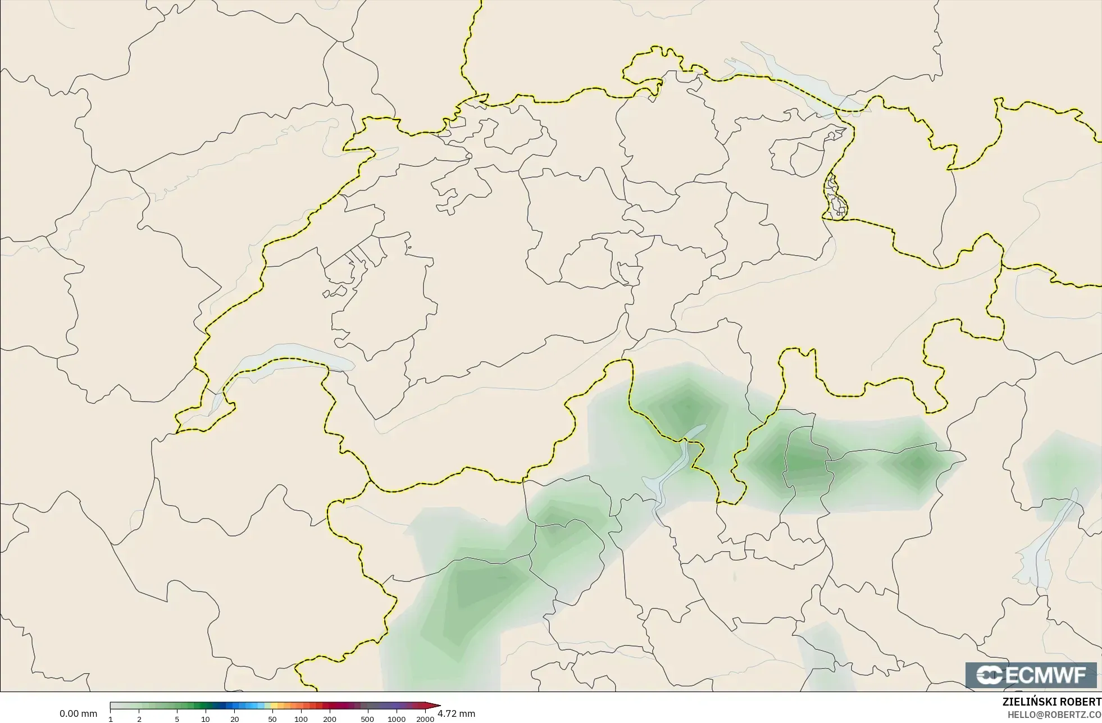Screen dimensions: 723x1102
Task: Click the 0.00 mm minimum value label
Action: (x=78, y=713)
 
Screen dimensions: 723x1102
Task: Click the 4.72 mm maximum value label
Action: (x=456, y=713)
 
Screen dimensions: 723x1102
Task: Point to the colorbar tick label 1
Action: (x=111, y=719)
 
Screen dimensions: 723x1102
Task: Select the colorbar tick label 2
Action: (x=139, y=719)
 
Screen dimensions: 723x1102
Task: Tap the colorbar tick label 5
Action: (x=177, y=719)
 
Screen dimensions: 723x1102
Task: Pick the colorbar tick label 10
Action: (x=206, y=719)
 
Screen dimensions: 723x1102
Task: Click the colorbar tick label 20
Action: (x=234, y=719)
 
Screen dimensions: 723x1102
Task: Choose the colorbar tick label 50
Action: (x=272, y=719)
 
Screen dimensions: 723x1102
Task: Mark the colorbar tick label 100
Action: (x=301, y=719)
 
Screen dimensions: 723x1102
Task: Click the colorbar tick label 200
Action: (x=330, y=719)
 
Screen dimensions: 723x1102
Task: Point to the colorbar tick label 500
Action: (x=367, y=719)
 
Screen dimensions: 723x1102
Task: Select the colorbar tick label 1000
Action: (x=397, y=719)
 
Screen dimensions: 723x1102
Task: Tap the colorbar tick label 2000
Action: (x=425, y=719)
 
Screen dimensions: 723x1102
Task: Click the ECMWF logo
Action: (x=1031, y=675)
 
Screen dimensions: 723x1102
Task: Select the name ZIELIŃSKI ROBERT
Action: (x=1051, y=702)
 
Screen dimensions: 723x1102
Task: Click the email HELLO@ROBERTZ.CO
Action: (x=1054, y=715)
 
